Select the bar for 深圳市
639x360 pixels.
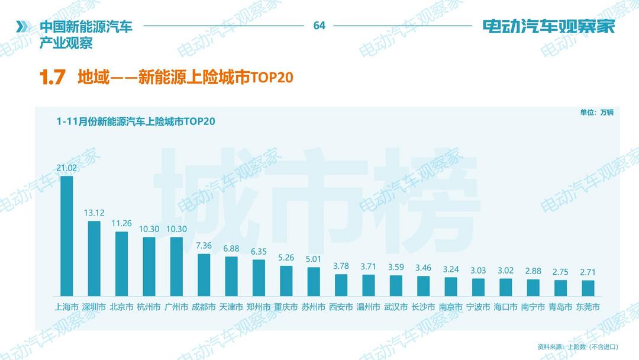tap(94, 258)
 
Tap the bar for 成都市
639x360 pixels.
tap(204, 275)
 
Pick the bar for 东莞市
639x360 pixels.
tap(588, 288)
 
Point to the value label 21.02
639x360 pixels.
tap(67, 168)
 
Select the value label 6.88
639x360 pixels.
tap(231, 249)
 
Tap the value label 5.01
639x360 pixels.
tap(314, 259)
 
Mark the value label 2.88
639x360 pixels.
tap(533, 271)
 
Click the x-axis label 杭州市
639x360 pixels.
tap(149, 307)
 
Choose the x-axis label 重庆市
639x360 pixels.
tap(286, 307)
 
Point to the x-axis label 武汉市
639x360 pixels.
tap(396, 307)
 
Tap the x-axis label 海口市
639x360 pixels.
tap(505, 307)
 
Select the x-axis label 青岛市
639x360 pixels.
tap(560, 307)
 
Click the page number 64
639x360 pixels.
tap(319, 25)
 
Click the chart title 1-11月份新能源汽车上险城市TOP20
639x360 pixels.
tap(135, 121)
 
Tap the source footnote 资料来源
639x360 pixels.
tap(577, 346)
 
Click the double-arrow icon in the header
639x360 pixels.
tap(22, 26)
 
